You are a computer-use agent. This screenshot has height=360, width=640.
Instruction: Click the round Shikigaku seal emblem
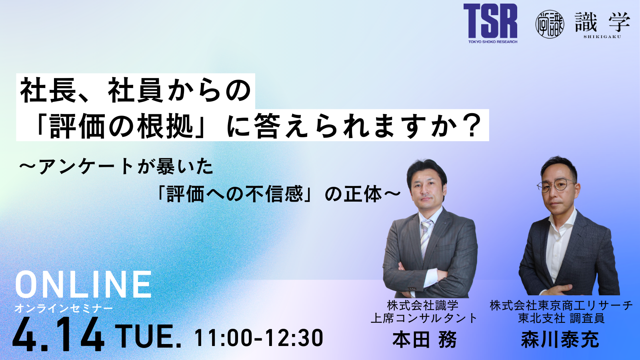pyautogui.click(x=550, y=24)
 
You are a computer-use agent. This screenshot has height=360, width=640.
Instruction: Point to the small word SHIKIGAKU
pyautogui.click(x=602, y=36)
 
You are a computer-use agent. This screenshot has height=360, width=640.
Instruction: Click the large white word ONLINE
pyautogui.click(x=83, y=284)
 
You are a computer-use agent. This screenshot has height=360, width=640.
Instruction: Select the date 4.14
pyautogui.click(x=58, y=334)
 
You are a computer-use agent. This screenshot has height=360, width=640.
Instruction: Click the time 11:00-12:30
pyautogui.click(x=259, y=338)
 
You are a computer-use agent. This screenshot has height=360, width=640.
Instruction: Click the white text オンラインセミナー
pyautogui.click(x=64, y=308)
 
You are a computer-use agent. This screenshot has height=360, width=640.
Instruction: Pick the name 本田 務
pyautogui.click(x=424, y=340)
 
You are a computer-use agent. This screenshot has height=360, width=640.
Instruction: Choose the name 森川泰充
pyautogui.click(x=560, y=340)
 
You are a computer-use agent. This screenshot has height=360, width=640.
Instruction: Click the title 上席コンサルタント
pyautogui.click(x=424, y=318)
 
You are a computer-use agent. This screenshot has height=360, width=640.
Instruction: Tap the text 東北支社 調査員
pyautogui.click(x=561, y=318)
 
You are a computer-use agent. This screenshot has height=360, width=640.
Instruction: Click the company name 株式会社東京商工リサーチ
pyautogui.click(x=561, y=306)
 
